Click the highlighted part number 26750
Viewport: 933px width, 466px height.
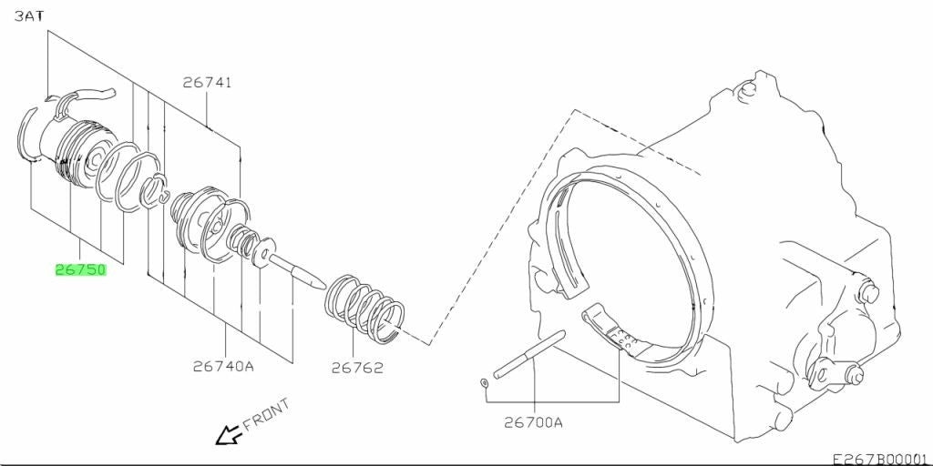point(80,270)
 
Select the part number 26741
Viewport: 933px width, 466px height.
point(207,83)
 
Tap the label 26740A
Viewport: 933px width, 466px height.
point(223,366)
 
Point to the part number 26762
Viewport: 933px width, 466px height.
point(357,368)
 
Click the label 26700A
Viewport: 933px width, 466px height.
point(533,422)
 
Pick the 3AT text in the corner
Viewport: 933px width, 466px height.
point(28,16)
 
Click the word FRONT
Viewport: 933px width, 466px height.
point(267,414)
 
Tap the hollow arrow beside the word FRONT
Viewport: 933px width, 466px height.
point(227,436)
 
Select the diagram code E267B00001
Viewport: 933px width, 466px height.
point(882,459)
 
